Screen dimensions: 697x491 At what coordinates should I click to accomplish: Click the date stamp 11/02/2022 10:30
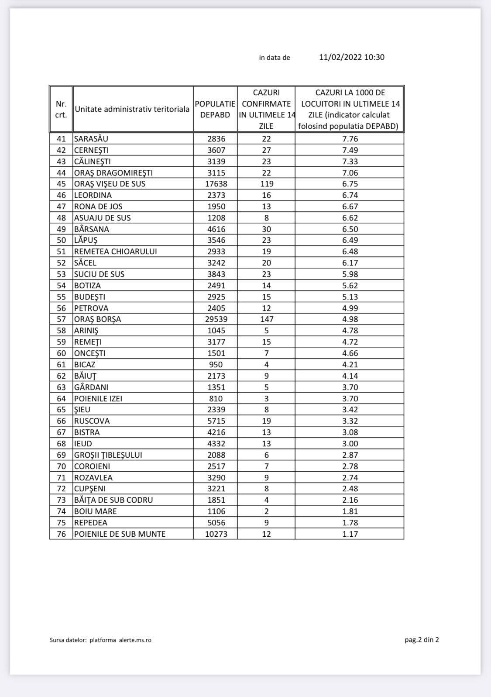click(x=352, y=57)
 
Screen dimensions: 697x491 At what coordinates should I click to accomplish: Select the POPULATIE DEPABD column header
click(x=215, y=109)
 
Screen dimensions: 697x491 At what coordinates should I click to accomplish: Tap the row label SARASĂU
click(x=91, y=139)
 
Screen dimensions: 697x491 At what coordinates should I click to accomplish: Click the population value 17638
click(x=216, y=184)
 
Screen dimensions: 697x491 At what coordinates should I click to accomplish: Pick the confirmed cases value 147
click(x=266, y=319)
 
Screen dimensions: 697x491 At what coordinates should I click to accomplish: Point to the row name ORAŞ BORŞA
click(x=97, y=319)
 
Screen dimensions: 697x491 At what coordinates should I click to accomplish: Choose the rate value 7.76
click(x=350, y=139)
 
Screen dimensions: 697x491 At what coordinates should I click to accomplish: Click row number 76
click(x=61, y=534)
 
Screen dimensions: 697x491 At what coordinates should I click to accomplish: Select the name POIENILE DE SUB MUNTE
click(x=120, y=534)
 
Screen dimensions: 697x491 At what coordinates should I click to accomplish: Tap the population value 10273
click(x=216, y=534)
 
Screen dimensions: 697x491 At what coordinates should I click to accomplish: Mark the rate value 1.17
click(x=350, y=534)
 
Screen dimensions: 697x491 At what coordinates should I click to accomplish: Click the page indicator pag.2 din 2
click(x=422, y=640)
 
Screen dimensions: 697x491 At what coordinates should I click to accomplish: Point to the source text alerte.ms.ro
click(x=135, y=640)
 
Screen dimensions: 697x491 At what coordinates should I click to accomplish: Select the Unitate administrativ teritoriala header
click(x=132, y=109)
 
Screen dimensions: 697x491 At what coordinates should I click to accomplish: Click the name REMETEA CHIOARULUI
click(x=115, y=252)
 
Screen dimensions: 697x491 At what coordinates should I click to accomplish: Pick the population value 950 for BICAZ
click(x=216, y=365)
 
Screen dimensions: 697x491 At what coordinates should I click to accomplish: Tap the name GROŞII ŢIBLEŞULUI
click(x=108, y=455)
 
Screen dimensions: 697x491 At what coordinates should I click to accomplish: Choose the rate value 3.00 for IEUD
click(x=350, y=443)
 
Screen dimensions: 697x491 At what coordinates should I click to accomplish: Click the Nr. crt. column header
click(x=61, y=109)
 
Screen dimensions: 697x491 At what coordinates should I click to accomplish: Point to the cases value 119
click(x=266, y=184)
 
